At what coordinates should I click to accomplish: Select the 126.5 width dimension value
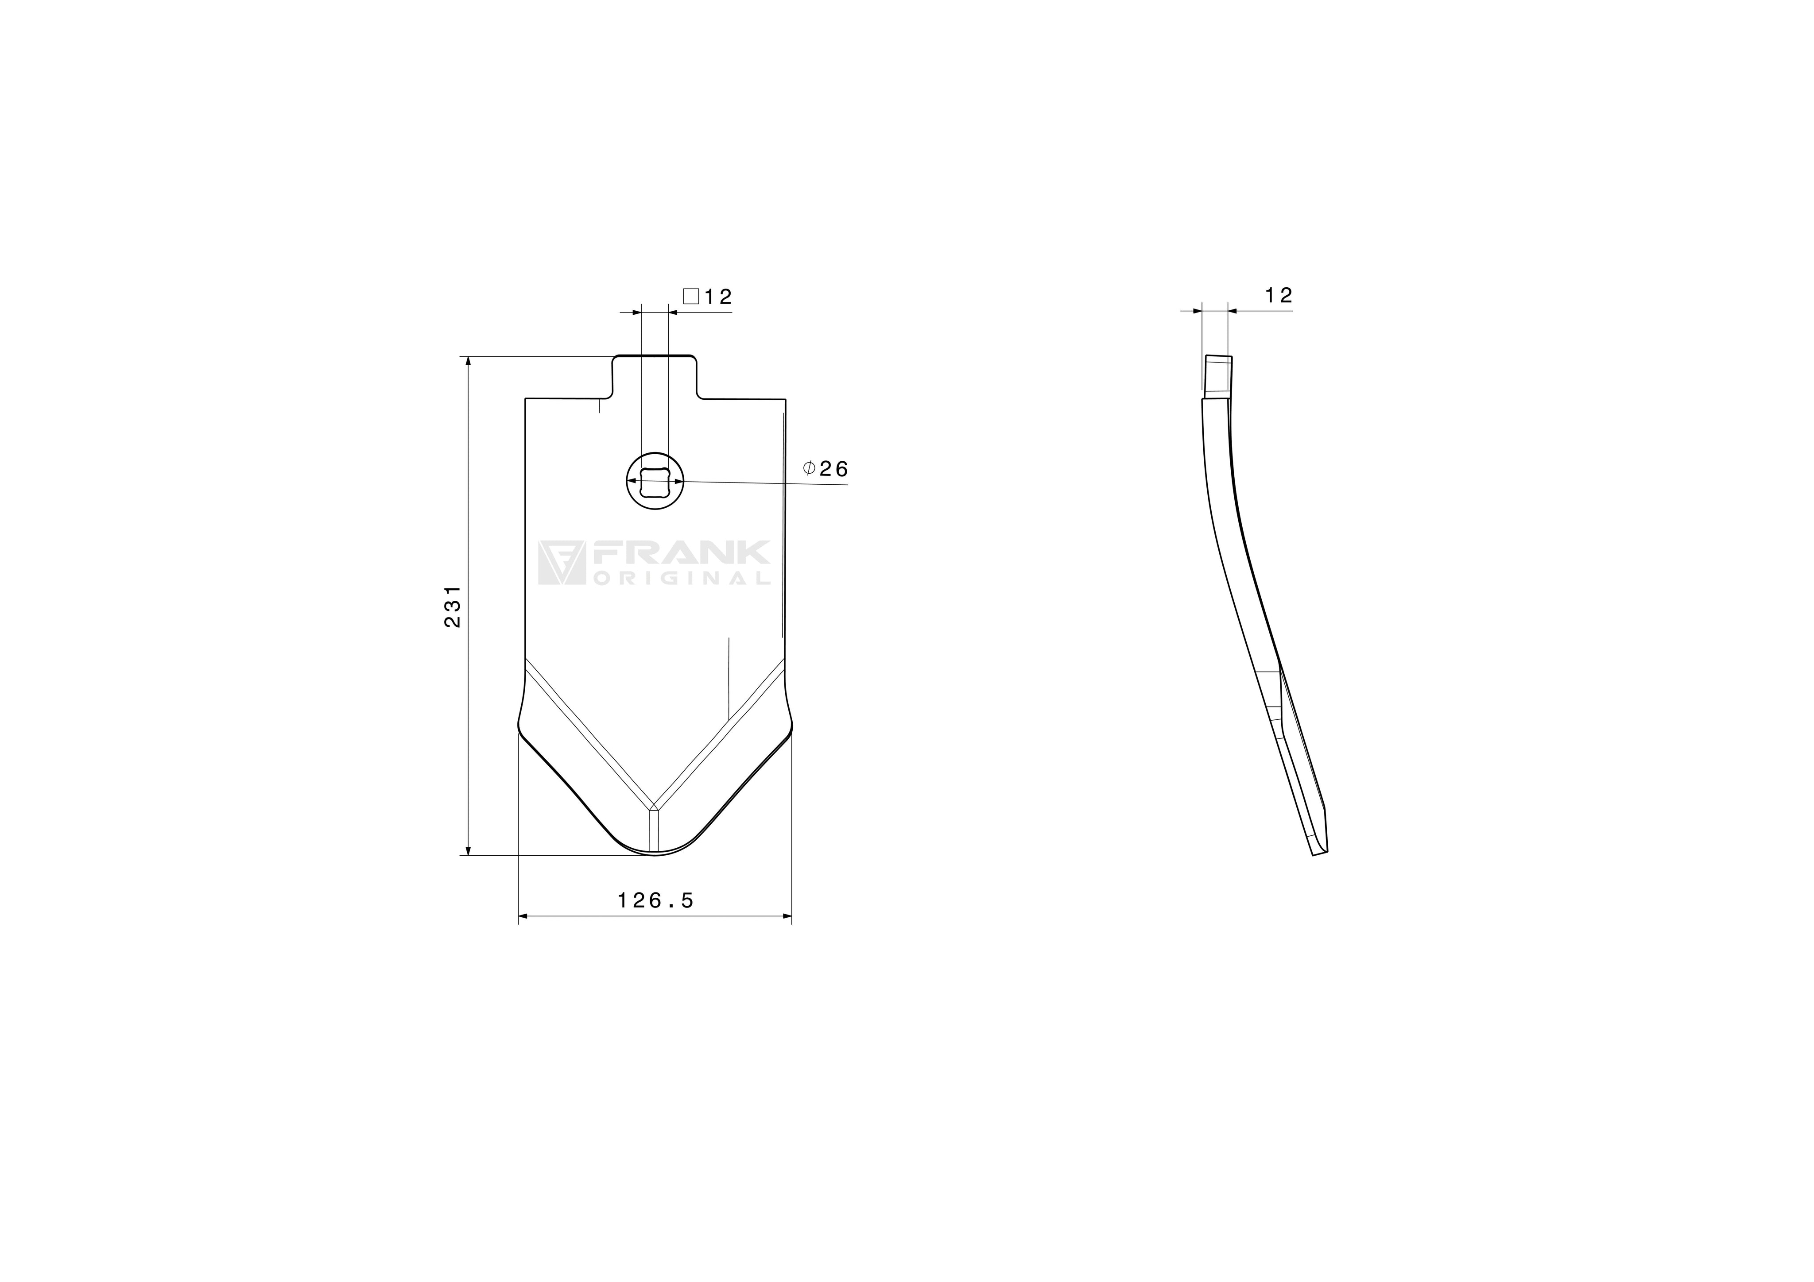[x=655, y=900]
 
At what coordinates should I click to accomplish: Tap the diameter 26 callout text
[x=826, y=469]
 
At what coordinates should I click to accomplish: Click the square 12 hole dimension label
[x=708, y=297]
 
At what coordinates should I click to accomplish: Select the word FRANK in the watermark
[x=679, y=552]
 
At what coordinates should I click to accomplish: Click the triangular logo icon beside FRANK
[x=561, y=562]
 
